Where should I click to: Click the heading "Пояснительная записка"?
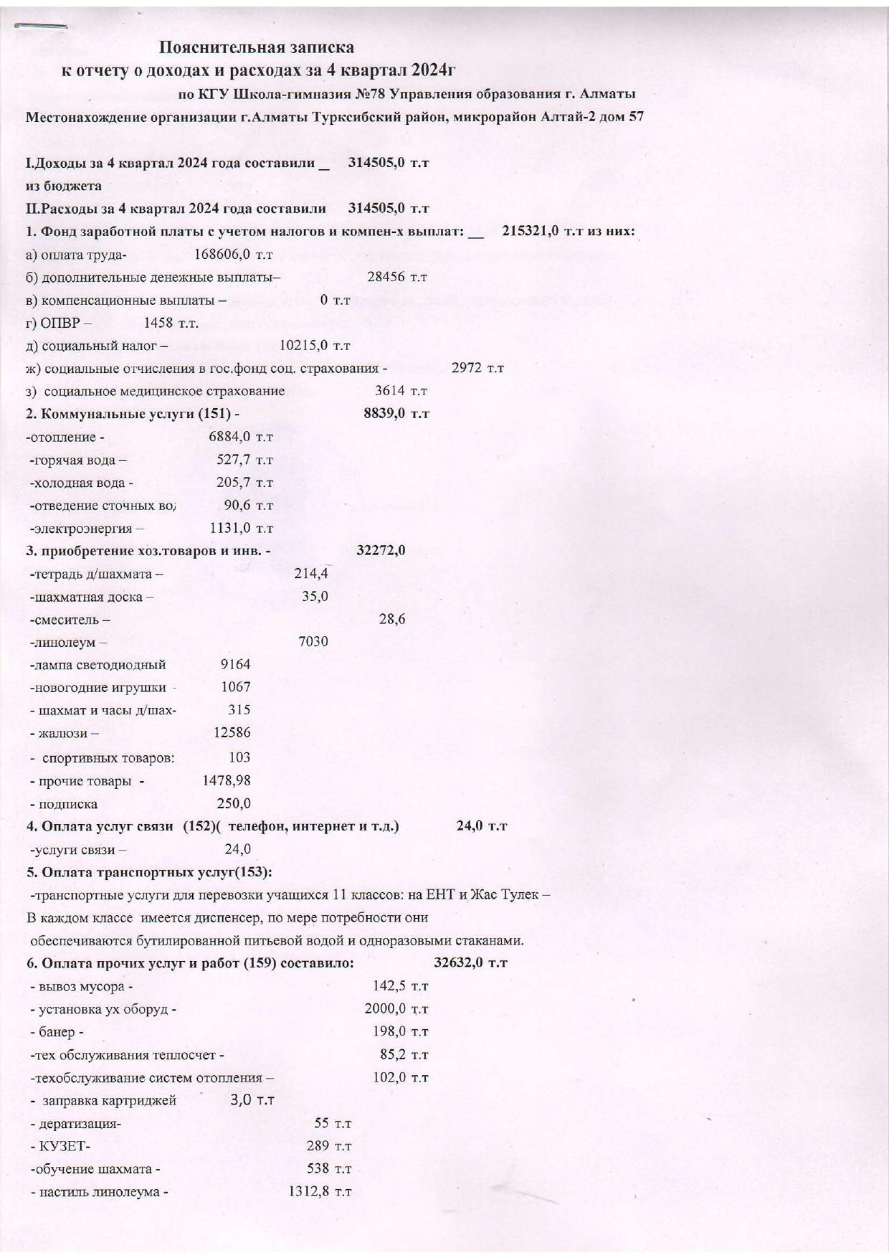coord(256,47)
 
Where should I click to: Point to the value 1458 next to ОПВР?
coord(159,323)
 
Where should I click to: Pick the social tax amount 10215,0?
coord(303,346)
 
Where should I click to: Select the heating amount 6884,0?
coord(229,437)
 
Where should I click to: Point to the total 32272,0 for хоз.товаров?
coord(381,551)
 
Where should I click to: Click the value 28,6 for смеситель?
coord(391,619)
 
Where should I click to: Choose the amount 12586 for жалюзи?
coord(232,732)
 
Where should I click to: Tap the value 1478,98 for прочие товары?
coord(227,780)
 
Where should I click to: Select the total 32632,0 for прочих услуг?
coord(459,963)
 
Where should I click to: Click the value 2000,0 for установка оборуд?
coord(385,1009)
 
